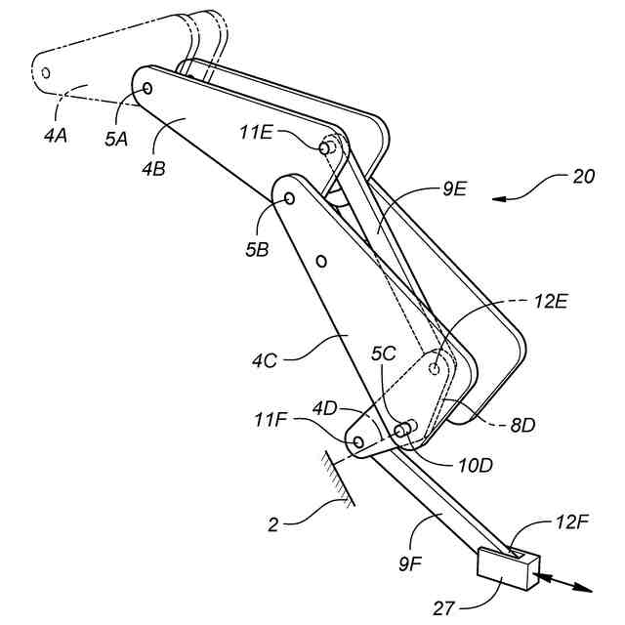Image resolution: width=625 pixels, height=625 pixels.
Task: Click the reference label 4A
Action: click(x=55, y=137)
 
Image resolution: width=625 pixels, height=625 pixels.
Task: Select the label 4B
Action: click(x=153, y=168)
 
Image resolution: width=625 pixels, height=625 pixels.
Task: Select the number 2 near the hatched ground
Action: click(x=275, y=524)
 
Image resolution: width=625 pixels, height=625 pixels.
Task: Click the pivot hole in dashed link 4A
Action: click(x=45, y=70)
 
